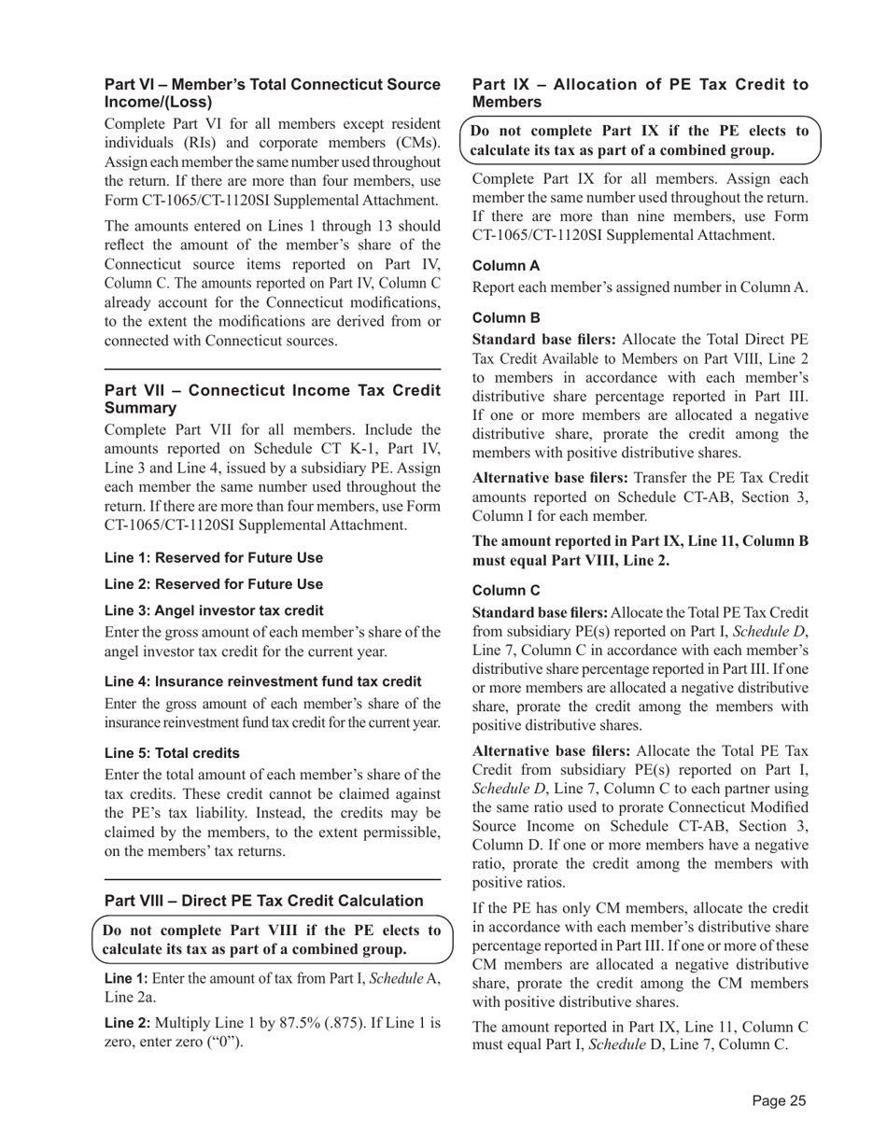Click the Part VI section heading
pyautogui.click(x=272, y=93)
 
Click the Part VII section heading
pyautogui.click(x=272, y=399)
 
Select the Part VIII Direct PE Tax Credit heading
pyautogui.click(x=263, y=900)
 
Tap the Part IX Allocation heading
pyautogui.click(x=641, y=93)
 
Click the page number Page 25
pyautogui.click(x=779, y=1100)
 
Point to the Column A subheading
pyautogui.click(x=506, y=265)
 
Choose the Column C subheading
pyautogui.click(x=506, y=590)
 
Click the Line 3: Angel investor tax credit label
pyautogui.click(x=214, y=610)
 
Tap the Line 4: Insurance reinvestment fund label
pyautogui.click(x=262, y=681)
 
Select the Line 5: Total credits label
pyautogui.click(x=172, y=752)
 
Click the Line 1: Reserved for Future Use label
pyautogui.click(x=214, y=558)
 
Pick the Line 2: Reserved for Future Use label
pyautogui.click(x=214, y=584)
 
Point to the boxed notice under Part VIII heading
pyautogui.click(x=272, y=940)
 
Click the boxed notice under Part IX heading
pyautogui.click(x=641, y=140)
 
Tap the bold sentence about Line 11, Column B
pyautogui.click(x=641, y=550)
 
